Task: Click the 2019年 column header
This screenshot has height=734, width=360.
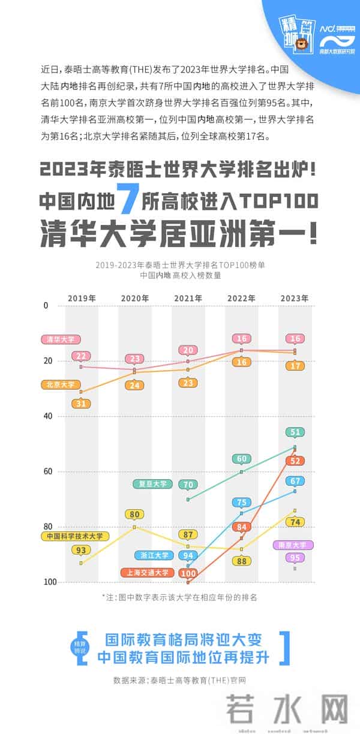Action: pyautogui.click(x=82, y=298)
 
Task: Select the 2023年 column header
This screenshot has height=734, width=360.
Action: pyautogui.click(x=295, y=298)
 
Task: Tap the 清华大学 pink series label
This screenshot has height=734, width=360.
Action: pyautogui.click(x=61, y=339)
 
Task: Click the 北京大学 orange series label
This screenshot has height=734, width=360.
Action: pyautogui.click(x=61, y=384)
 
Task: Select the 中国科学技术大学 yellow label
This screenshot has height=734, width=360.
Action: pyautogui.click(x=75, y=536)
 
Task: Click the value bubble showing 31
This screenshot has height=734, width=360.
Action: pyautogui.click(x=81, y=404)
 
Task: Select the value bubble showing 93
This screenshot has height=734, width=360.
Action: pyautogui.click(x=81, y=550)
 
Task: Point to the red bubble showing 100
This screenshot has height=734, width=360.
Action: pyautogui.click(x=190, y=573)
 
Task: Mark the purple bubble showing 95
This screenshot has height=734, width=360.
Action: pyautogui.click(x=295, y=558)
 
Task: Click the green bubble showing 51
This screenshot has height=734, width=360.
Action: pyautogui.click(x=295, y=432)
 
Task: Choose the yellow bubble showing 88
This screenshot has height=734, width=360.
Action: pyautogui.click(x=242, y=561)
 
